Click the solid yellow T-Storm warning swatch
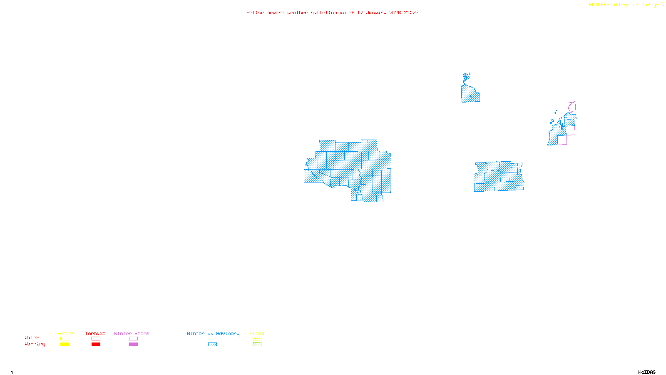65,345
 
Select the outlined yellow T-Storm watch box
65,339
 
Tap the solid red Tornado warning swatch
96,345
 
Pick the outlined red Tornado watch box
96,339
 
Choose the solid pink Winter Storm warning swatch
133,345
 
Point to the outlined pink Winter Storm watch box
133,339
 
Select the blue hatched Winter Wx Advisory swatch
212,345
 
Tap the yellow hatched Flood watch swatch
257,339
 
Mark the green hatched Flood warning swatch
257,345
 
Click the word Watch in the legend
32,337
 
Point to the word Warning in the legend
35,344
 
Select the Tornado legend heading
95,333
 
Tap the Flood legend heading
257,333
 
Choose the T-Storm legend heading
64,333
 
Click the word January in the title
376,13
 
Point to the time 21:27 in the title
411,13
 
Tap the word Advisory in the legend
228,333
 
